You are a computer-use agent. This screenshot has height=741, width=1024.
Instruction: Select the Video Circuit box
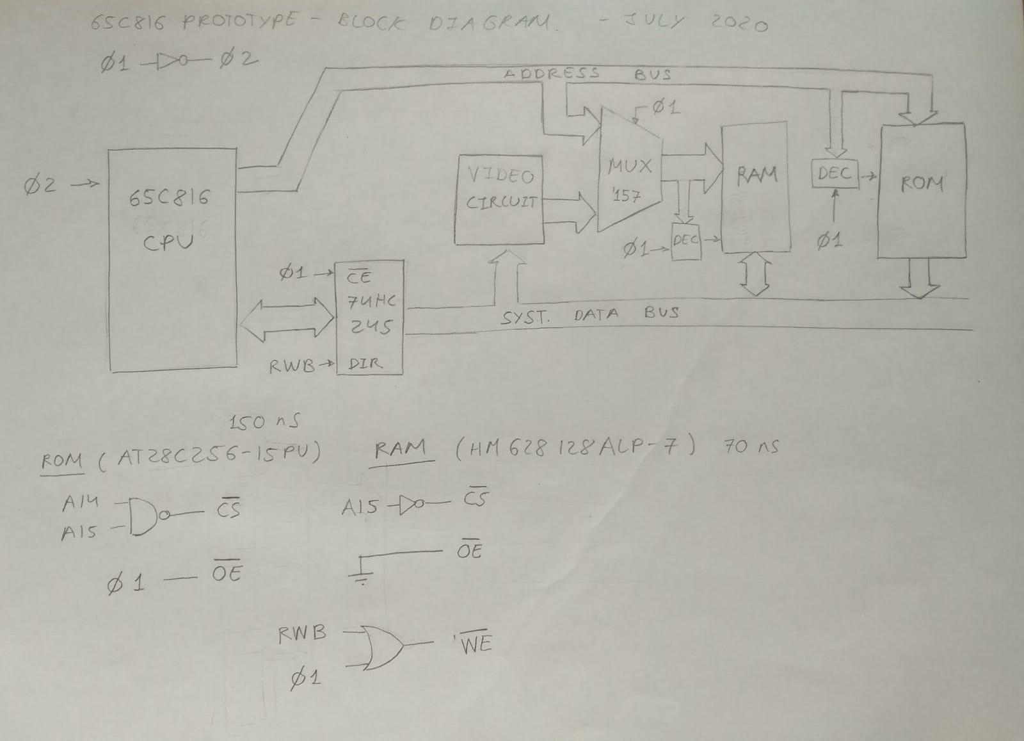click(499, 199)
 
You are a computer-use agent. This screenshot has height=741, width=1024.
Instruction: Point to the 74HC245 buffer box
click(371, 317)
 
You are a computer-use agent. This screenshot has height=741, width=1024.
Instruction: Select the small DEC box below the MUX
click(686, 241)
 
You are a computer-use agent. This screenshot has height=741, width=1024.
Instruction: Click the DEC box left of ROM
click(835, 173)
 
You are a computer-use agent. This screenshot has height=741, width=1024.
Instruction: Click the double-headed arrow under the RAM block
click(756, 274)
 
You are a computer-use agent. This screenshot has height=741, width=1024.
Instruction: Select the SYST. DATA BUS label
click(589, 315)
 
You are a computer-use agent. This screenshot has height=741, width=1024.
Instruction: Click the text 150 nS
click(264, 423)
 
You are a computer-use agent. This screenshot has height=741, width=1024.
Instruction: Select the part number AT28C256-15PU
click(210, 455)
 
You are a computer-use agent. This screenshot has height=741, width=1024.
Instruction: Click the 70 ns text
click(750, 446)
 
